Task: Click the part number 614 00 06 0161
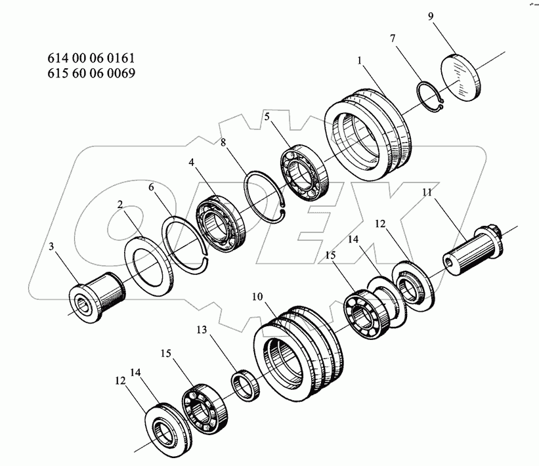click(x=91, y=58)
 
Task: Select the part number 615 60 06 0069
click(x=91, y=73)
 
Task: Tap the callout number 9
click(x=431, y=16)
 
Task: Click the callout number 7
click(x=393, y=38)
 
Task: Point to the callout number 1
click(x=360, y=60)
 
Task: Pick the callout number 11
click(x=427, y=192)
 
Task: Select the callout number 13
click(x=202, y=330)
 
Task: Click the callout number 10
click(x=257, y=297)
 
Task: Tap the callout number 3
click(x=51, y=246)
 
